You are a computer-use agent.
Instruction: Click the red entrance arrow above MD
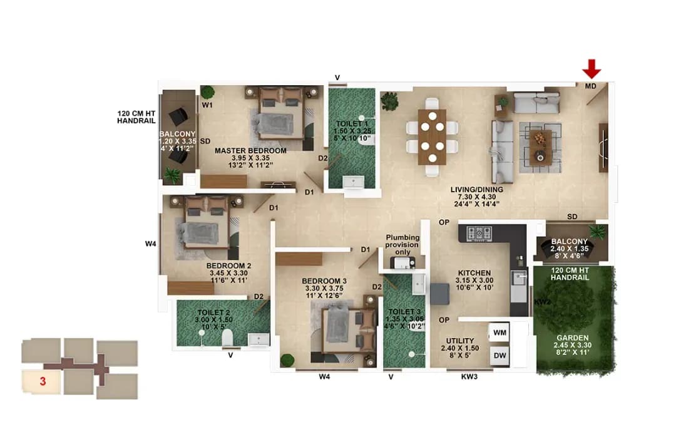[x=591, y=68]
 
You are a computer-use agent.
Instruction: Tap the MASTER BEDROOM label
[x=250, y=151]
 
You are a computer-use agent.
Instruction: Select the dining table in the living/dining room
[x=432, y=136]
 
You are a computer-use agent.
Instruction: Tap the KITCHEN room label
[x=474, y=274]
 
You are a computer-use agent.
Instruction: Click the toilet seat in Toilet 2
[x=228, y=338]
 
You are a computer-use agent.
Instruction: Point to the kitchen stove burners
[x=480, y=234]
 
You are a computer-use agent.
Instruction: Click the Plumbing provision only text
[x=402, y=245]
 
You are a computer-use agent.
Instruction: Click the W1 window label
[x=207, y=105]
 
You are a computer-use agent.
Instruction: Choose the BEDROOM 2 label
[x=228, y=265]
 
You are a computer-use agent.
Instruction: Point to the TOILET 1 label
[x=352, y=124]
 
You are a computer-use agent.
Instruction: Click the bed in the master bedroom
[x=280, y=116]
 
